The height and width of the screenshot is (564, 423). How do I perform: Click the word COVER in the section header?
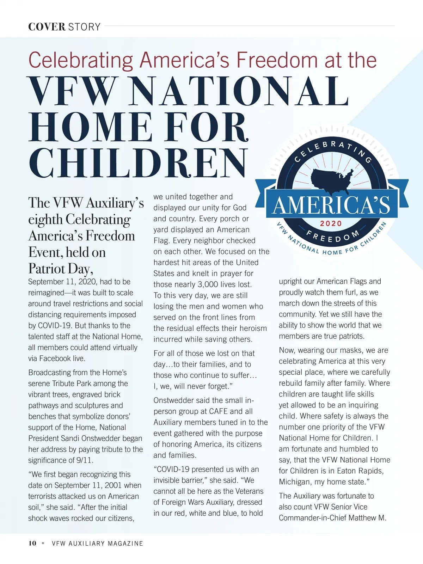point(47,27)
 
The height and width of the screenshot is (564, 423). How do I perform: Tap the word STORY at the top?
point(84,27)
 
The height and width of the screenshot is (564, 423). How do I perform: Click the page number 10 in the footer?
point(32,543)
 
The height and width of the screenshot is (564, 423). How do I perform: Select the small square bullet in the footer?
point(43,543)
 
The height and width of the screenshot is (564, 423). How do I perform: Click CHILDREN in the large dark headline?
point(138,163)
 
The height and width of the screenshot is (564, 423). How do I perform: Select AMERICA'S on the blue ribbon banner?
point(331,205)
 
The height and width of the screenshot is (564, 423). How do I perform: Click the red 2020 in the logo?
point(331,223)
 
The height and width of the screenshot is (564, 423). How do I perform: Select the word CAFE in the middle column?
point(218,411)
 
